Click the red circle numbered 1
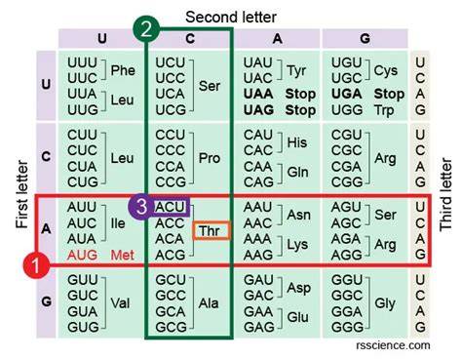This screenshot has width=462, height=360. pos(36,264)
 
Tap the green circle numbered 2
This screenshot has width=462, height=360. pos(146,29)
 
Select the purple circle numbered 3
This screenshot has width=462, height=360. pos(141,207)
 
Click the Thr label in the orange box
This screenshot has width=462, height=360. pos(210,231)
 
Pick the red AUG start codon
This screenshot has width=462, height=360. pos(82,255)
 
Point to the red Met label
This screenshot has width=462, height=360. pos(123,255)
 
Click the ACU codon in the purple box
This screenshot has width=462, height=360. pos(170,207)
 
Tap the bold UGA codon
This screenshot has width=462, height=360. pos(346,94)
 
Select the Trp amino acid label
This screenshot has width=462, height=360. pos(384,110)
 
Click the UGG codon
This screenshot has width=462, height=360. pos(347,110)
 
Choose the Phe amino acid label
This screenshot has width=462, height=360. pos(123,70)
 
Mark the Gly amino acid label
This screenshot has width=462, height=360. pos(385,303)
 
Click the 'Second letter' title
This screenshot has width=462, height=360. pos(231,18)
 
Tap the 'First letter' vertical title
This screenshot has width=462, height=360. pos(22,194)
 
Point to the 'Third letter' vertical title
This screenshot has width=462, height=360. pos(445,194)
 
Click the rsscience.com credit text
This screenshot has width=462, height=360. pos(393,345)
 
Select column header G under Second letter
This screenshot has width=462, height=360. pos(365,39)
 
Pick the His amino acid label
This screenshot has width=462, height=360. pos(297,142)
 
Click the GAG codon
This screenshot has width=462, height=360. pos(258,327)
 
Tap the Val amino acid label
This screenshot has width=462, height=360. pos(120,303)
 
